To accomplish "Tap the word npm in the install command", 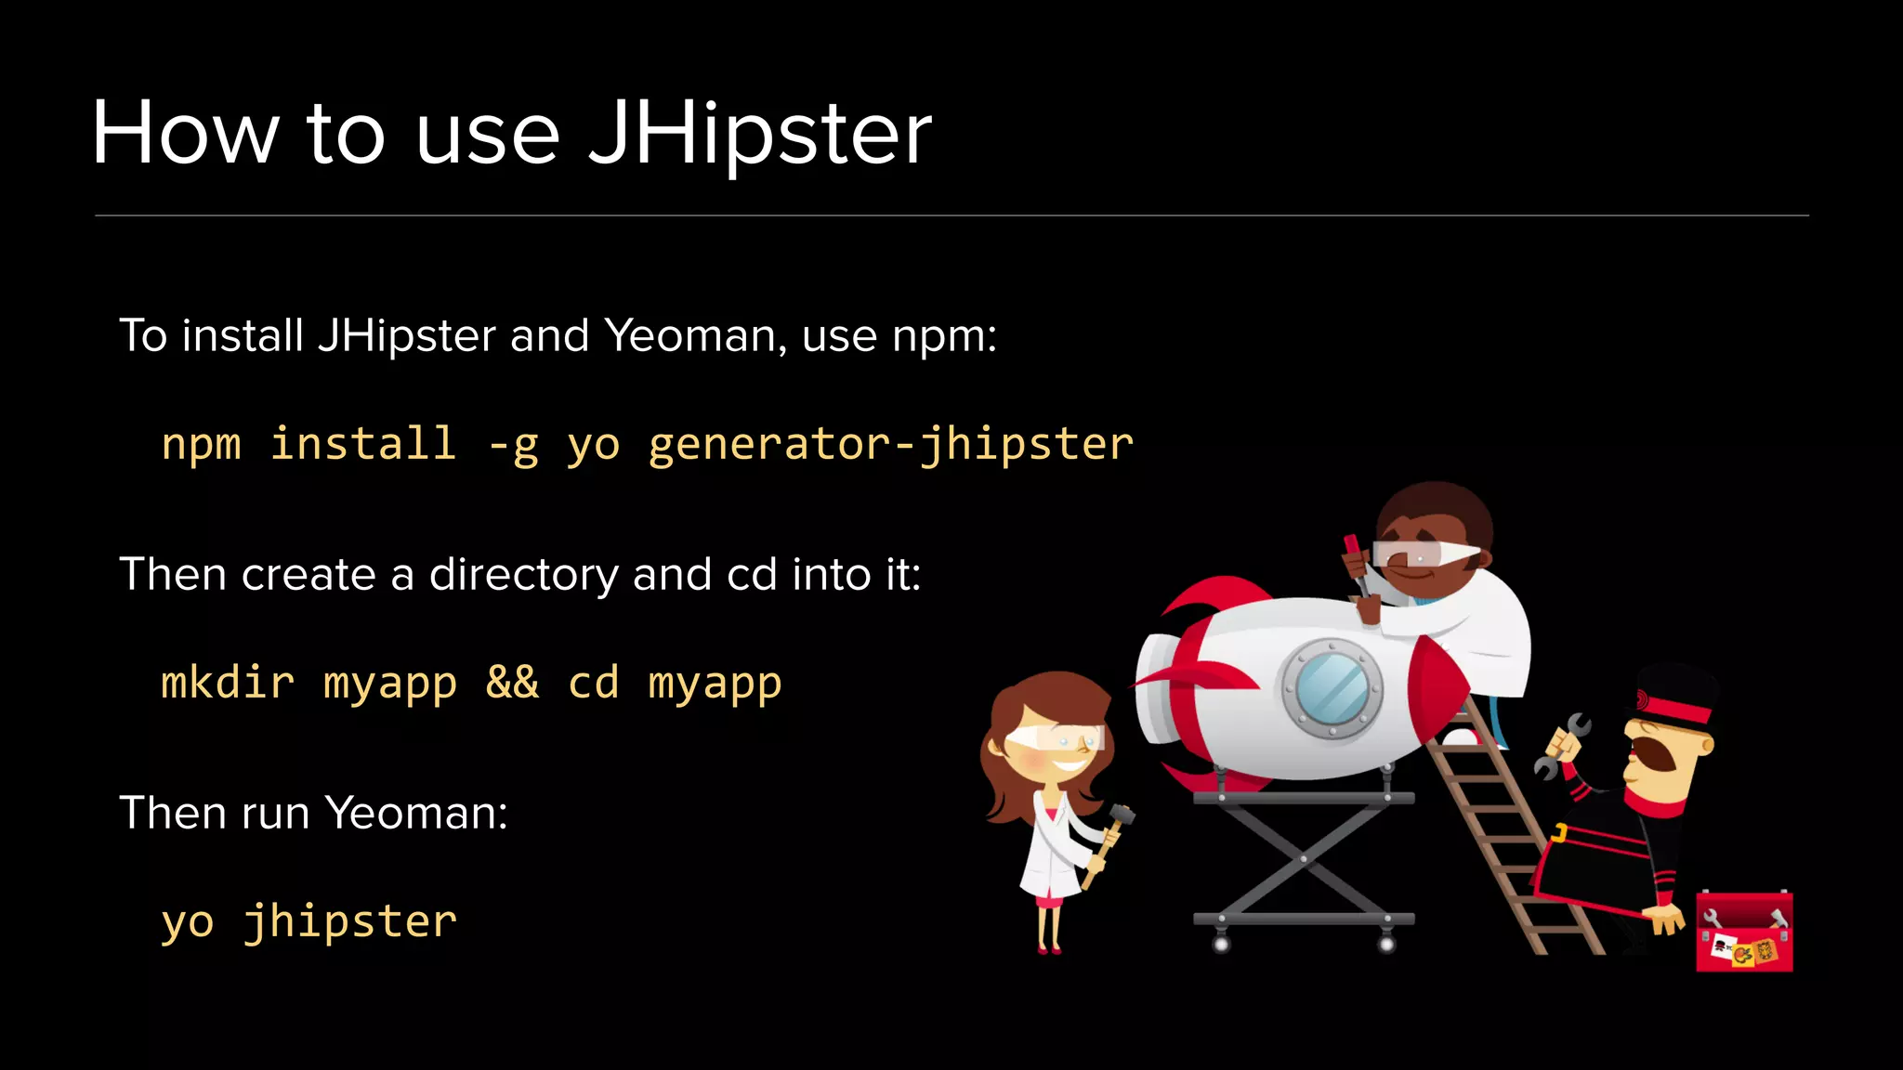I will [201, 444].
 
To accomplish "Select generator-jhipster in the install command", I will [890, 444].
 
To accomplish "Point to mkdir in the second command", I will [228, 683].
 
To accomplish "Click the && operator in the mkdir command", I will [512, 683].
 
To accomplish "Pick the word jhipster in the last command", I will [350, 921].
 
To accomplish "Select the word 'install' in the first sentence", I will [243, 335].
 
